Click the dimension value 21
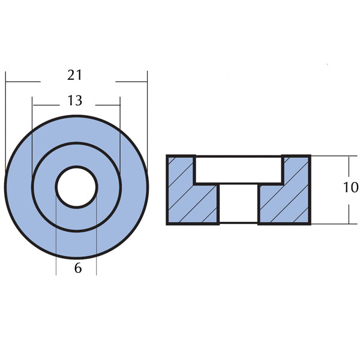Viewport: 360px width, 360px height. pos(74,76)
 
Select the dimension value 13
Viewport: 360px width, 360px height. pos(74,101)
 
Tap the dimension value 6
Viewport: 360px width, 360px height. pos(77,268)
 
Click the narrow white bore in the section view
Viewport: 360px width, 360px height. pos(238,205)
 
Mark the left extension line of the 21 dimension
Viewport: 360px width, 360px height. pos(5,120)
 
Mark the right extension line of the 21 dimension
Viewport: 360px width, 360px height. pos(147,120)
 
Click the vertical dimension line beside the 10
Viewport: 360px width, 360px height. pos(349,210)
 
